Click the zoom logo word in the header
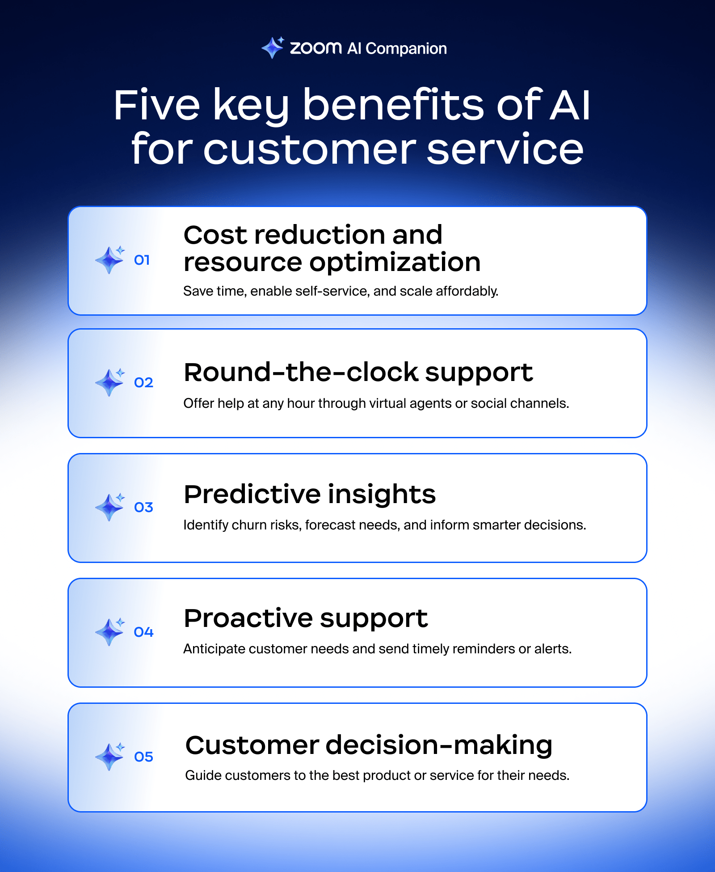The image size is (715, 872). click(x=315, y=48)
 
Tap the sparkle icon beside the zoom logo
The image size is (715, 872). click(x=273, y=47)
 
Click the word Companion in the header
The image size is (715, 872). click(x=406, y=49)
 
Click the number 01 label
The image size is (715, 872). click(x=142, y=260)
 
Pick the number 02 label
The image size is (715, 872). click(x=143, y=383)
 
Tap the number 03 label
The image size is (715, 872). click(x=143, y=508)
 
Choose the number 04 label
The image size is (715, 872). click(x=143, y=632)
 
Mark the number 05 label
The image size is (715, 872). click(x=143, y=757)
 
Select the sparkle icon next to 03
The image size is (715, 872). click(x=110, y=507)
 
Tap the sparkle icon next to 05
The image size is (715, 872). click(x=110, y=756)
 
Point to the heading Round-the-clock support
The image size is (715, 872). click(x=358, y=373)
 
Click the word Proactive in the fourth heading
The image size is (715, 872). click(x=248, y=618)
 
